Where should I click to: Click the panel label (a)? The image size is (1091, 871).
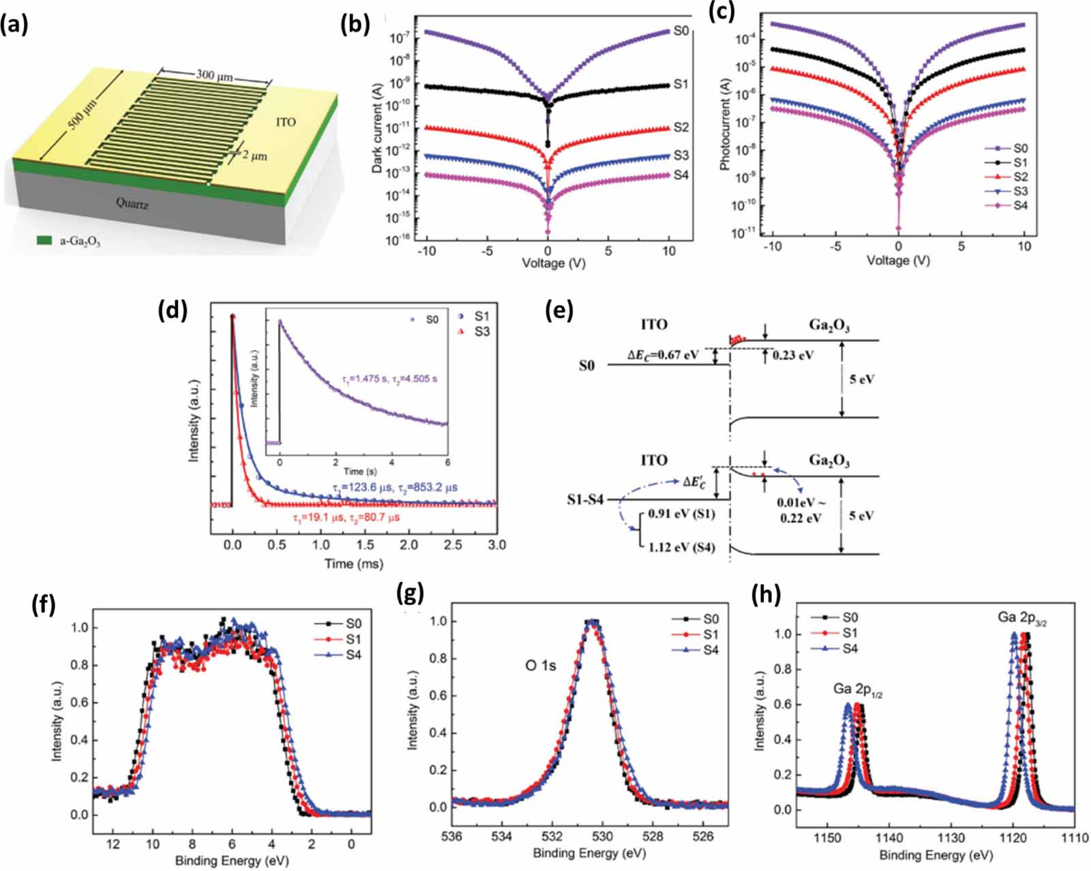click(14, 25)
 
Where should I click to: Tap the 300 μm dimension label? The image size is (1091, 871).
click(214, 75)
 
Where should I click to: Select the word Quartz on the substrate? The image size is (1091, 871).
click(132, 203)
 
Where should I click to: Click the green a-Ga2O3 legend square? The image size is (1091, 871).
click(44, 240)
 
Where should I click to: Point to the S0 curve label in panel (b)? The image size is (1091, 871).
click(681, 31)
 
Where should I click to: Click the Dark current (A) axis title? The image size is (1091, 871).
click(377, 129)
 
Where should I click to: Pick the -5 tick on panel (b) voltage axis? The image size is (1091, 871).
click(487, 251)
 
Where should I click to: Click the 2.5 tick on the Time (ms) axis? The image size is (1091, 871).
click(453, 544)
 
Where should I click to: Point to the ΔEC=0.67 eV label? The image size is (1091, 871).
click(663, 355)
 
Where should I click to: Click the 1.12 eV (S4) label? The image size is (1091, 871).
click(681, 547)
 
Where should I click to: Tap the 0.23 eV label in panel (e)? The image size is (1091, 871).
click(792, 355)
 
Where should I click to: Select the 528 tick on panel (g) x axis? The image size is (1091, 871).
click(653, 836)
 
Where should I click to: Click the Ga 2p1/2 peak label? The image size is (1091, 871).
click(857, 690)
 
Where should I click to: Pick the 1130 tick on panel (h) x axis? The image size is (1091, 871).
click(951, 838)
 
